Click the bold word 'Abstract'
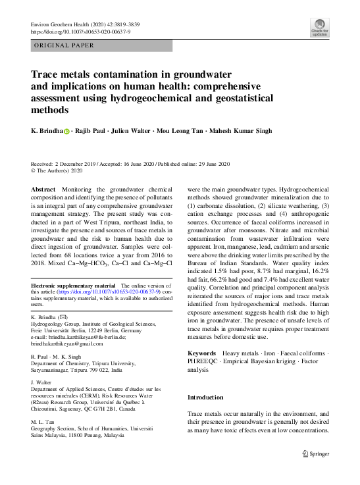tap(43, 189)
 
